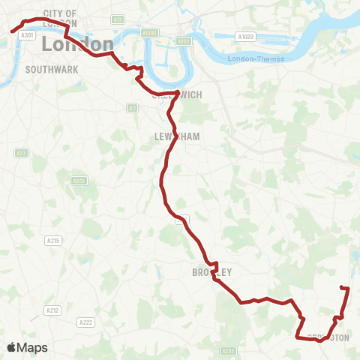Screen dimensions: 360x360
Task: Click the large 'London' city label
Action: pos(78,44)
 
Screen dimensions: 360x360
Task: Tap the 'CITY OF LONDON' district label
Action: pos(60,18)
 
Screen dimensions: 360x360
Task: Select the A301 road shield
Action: pos(28,35)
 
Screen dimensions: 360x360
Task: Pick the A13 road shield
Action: pos(117,19)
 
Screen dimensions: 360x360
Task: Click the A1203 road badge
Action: pos(150,33)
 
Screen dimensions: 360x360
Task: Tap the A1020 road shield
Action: pos(244,36)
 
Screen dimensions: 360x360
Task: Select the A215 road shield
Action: pos(53,241)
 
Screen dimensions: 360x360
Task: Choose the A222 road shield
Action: pos(85,322)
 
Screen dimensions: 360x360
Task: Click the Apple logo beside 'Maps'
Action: pos(12,347)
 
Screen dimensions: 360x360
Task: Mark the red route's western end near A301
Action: pos(12,30)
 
